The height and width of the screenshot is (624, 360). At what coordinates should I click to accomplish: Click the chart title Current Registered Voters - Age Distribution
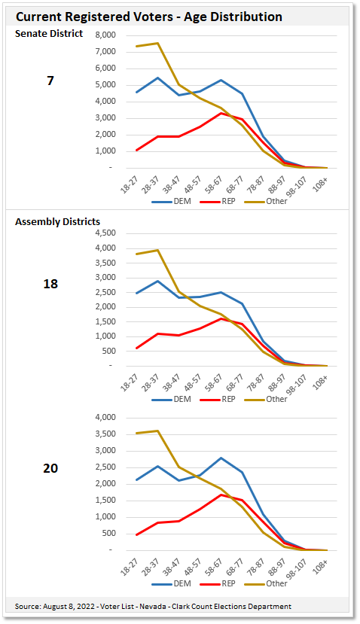pos(149,16)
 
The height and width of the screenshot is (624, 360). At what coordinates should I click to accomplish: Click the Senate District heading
pos(49,33)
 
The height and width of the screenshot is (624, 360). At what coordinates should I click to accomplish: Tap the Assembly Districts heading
pos(58,221)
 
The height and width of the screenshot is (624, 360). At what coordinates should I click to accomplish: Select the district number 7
pos(50,80)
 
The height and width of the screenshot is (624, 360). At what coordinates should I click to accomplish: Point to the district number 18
pos(50,284)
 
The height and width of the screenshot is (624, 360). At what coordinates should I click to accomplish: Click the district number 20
pos(50,467)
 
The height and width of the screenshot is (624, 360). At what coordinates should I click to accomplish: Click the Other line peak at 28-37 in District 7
pos(157,43)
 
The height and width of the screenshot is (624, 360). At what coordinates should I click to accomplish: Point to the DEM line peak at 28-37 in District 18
pos(157,281)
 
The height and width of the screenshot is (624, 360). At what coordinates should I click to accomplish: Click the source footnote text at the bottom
pos(153,606)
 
